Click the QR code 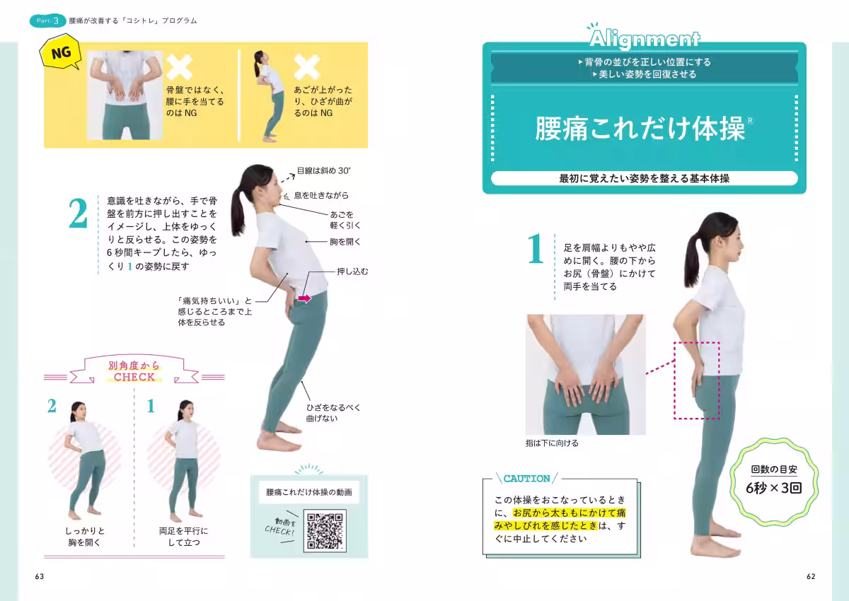pos(325,530)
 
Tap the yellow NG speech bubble pos(61,52)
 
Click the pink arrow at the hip pos(304,298)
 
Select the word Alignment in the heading pos(645,40)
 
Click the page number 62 pos(811,576)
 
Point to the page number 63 pos(40,576)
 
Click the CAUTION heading pos(526,479)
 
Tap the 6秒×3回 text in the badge pos(773,488)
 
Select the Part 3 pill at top pos(48,21)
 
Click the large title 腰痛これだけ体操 pos(640,129)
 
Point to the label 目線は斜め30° pos(323,171)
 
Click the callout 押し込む pos(352,271)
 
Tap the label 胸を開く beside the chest pos(345,242)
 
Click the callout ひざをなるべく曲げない pos(333,413)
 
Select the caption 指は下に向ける pos(552,443)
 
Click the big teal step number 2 pos(78,214)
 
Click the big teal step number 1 pos(536,248)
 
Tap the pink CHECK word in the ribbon pos(134,377)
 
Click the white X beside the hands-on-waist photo pos(179,67)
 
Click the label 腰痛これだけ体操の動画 pos(309,492)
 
